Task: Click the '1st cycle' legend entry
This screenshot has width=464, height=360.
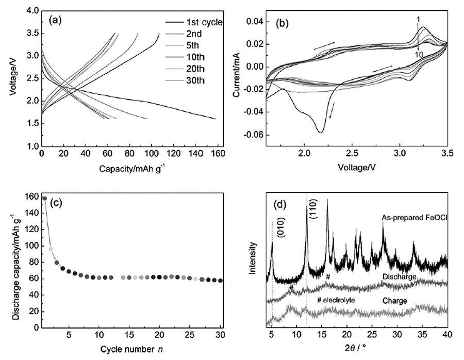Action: click(x=201, y=22)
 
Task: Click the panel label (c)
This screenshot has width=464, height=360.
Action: click(x=55, y=201)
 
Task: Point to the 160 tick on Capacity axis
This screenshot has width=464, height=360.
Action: click(x=216, y=155)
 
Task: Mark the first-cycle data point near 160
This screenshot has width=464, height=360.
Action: click(x=44, y=198)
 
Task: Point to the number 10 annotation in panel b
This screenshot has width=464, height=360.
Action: click(x=420, y=53)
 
